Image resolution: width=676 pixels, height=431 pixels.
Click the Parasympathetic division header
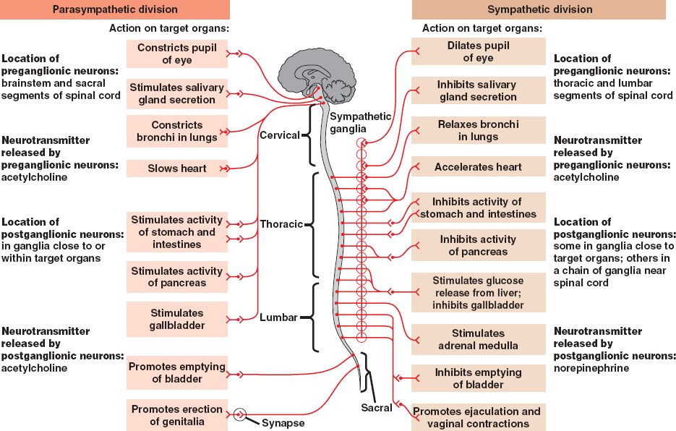click(115, 9)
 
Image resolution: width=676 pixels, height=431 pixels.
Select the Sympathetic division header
click(539, 9)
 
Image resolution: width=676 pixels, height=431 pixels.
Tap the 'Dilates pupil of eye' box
click(478, 51)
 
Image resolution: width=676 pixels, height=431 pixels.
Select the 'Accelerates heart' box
click(478, 167)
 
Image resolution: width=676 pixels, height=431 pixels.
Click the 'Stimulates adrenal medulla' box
click(478, 339)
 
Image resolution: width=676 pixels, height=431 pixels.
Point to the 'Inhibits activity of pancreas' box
click(478, 245)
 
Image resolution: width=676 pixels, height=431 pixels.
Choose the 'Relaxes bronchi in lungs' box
click(478, 130)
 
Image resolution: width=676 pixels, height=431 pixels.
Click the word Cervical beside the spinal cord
click(279, 135)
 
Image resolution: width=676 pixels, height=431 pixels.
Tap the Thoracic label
click(281, 224)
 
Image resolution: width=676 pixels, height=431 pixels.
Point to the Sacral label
click(376, 408)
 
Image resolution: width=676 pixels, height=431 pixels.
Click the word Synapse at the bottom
click(283, 423)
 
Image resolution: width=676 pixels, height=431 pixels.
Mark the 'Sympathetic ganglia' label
click(359, 122)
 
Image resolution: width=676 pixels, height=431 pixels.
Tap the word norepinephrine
click(591, 368)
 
